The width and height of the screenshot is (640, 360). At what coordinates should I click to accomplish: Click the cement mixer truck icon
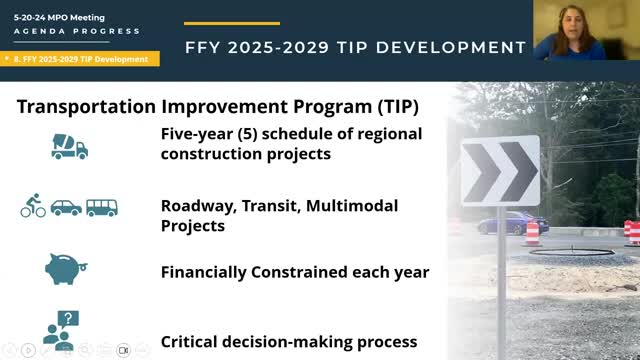click(69, 146)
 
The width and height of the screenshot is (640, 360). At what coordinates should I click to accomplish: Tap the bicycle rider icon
click(33, 208)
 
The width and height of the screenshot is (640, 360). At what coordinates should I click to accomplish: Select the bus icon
click(101, 208)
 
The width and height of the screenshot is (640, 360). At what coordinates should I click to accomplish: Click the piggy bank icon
click(67, 269)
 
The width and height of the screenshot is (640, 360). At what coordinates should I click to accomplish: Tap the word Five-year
click(197, 134)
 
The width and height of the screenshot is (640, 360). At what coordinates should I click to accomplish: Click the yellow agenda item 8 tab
click(80, 59)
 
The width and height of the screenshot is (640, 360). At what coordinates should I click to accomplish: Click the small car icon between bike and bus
click(67, 208)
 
